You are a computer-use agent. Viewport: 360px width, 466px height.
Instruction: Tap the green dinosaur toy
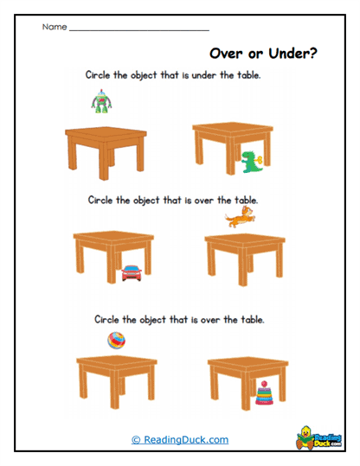[x=250, y=160]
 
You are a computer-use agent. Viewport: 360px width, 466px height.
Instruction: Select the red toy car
[x=132, y=272]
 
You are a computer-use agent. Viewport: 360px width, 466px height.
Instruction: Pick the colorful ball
[x=112, y=340]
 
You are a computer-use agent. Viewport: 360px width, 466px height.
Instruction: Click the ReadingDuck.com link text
[x=180, y=439]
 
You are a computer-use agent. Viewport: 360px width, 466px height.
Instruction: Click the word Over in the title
[x=230, y=54]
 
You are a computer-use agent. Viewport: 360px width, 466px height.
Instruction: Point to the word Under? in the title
[x=292, y=54]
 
